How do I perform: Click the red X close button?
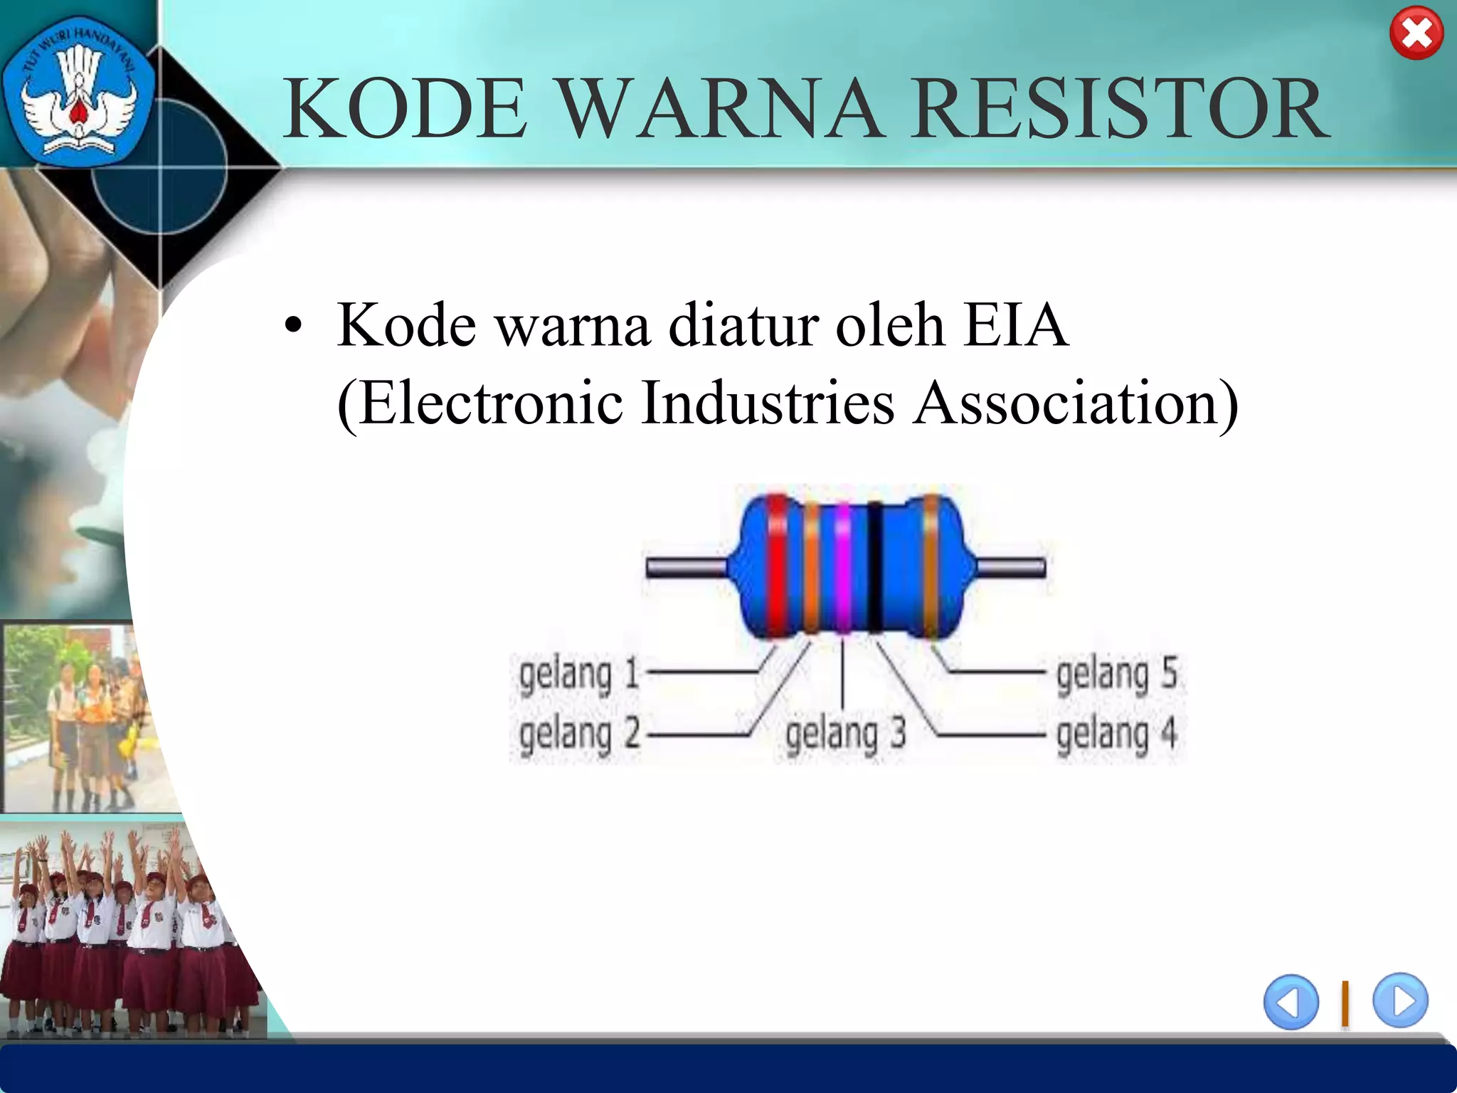[x=1416, y=33]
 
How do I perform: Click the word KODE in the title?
[x=406, y=109]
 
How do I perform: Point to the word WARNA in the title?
[x=719, y=109]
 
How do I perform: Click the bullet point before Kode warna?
[x=292, y=327]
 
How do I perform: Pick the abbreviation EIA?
[x=1015, y=325]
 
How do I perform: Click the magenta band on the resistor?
[x=842, y=566]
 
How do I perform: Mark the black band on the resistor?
[x=874, y=566]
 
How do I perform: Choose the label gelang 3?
[x=845, y=734]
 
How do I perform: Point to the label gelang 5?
[x=1116, y=675]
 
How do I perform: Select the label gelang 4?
[x=1116, y=734]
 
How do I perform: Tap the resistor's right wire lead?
[x=1010, y=567]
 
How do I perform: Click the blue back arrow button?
[x=1291, y=1001]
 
